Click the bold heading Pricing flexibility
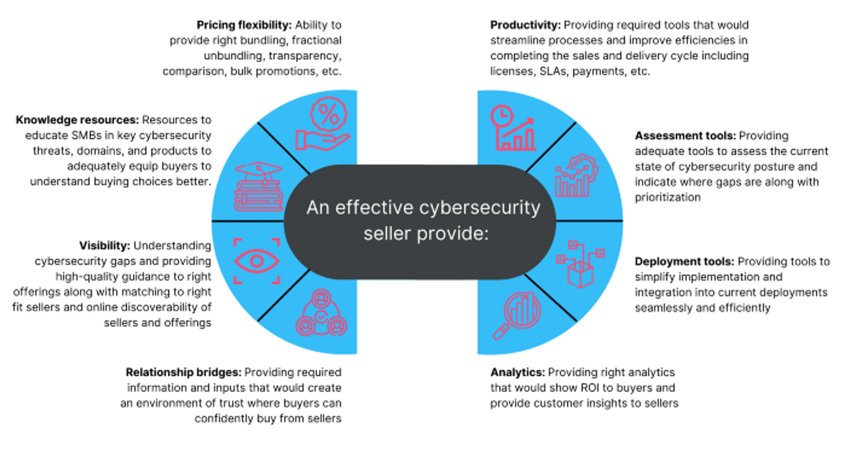(244, 25)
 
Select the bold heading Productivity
(525, 25)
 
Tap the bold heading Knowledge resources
(77, 120)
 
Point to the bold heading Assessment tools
(685, 136)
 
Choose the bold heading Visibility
(104, 246)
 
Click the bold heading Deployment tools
(684, 261)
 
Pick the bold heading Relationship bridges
(184, 372)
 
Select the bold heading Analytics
(518, 372)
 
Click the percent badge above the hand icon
(329, 114)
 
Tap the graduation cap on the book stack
(258, 171)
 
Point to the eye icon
(257, 261)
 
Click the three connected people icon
(321, 313)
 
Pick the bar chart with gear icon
(577, 176)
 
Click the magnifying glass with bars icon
(517, 316)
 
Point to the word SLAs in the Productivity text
(553, 71)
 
